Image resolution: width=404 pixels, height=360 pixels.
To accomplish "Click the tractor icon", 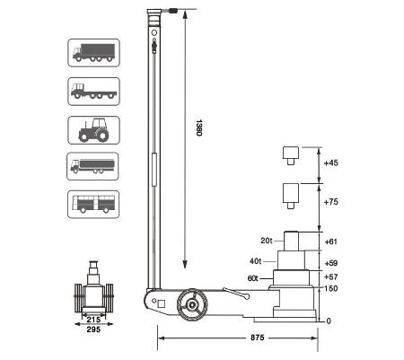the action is [93, 130].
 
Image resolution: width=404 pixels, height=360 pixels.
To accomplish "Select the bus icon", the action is [93, 205].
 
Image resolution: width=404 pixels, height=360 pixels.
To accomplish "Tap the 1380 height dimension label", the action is [199, 127].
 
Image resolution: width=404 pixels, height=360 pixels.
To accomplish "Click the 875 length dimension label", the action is [258, 338].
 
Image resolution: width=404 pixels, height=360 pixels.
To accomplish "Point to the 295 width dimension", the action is [93, 329].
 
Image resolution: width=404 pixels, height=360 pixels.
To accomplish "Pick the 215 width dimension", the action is [93, 320].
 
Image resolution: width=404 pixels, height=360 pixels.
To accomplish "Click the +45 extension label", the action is [331, 162].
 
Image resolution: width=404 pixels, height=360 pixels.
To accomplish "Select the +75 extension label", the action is [331, 202].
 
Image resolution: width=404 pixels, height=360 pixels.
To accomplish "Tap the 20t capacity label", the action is [266, 241].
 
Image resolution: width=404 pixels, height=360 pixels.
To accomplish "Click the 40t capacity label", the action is [256, 261].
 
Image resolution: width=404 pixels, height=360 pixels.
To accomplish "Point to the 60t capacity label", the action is [252, 278].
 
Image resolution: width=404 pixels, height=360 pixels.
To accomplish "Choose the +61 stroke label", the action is [330, 241].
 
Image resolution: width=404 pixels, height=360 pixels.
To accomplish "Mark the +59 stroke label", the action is [331, 263].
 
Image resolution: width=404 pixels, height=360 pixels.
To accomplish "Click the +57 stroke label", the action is [331, 277].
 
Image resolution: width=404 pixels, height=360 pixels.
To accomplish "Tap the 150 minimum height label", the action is [331, 288].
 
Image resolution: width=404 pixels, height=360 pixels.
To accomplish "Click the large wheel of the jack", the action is [192, 304].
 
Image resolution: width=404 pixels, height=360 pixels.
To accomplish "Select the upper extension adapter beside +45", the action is [291, 155].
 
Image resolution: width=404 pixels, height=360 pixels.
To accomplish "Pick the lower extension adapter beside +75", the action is [291, 196].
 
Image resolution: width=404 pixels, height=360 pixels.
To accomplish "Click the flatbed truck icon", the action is [94, 92].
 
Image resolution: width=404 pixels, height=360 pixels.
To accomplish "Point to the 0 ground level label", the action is [329, 321].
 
